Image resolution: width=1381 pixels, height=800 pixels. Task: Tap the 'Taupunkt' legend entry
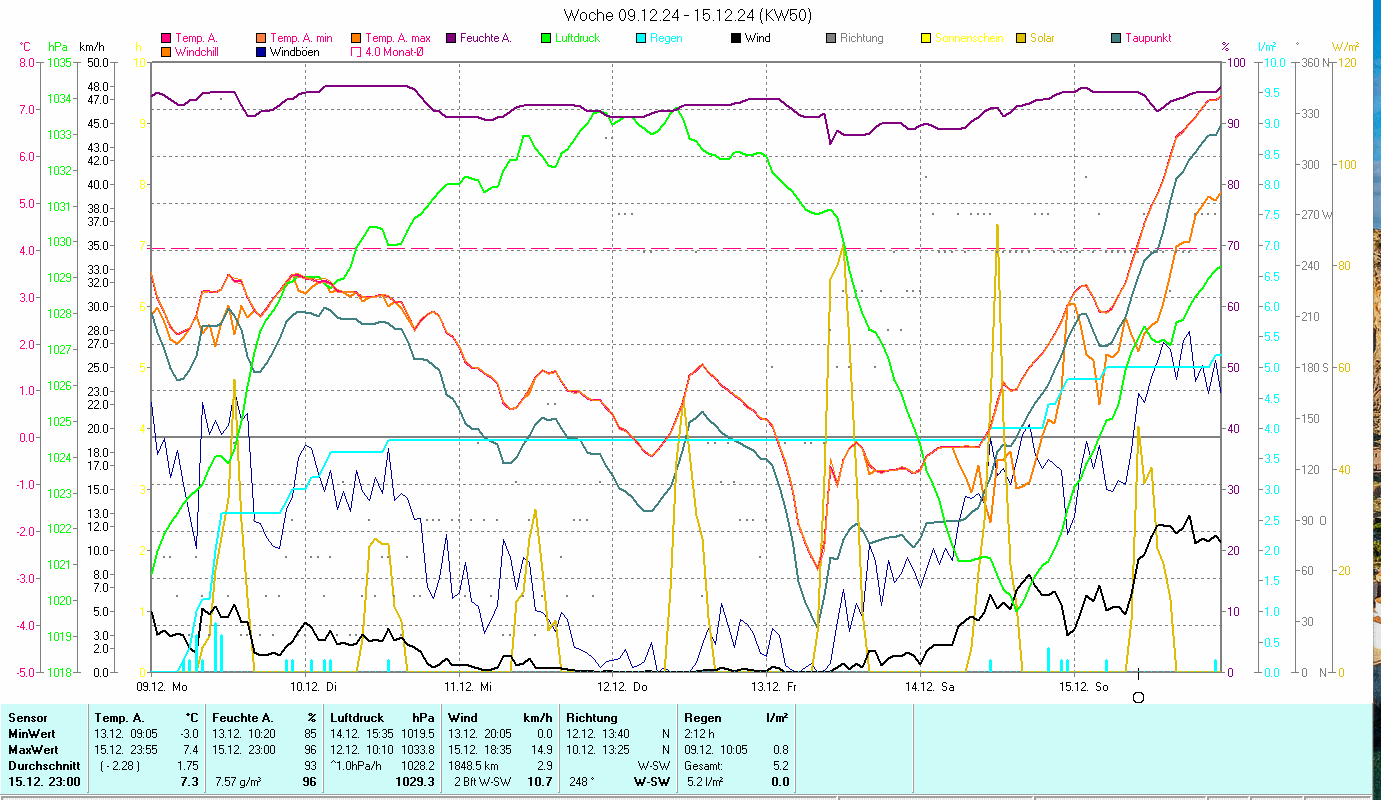[x=1147, y=38]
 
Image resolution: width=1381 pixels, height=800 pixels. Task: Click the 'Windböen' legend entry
[x=293, y=51]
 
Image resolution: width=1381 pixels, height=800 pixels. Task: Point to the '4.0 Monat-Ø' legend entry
[x=393, y=51]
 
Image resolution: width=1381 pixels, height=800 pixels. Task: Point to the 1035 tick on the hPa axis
[x=59, y=62]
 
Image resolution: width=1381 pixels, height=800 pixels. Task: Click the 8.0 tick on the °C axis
[x=27, y=62]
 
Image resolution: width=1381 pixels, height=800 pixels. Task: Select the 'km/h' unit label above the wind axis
[x=92, y=46]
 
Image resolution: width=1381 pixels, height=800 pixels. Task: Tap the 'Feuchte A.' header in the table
[x=239, y=718]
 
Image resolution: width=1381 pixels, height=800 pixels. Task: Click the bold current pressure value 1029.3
[x=415, y=782]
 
